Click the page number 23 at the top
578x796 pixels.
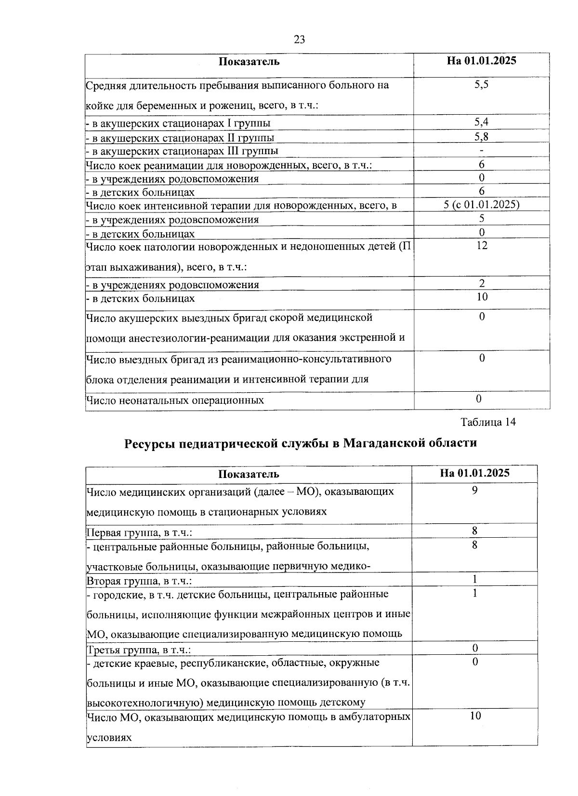pos(299,40)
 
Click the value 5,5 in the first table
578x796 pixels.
pos(481,85)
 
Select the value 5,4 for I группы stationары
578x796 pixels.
pos(481,122)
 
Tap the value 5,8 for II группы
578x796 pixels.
pos(481,137)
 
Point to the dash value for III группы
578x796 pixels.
pos(481,151)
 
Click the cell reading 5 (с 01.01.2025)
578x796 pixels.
pos(481,205)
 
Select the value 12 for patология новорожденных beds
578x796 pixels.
pos(481,245)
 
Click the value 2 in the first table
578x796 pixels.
pos(482,283)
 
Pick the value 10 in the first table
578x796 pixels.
pos(482,297)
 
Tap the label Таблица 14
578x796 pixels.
pos(488,422)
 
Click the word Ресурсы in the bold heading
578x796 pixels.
pos(148,443)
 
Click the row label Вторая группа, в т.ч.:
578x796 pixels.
pos(139,581)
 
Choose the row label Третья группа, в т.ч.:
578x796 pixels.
pos(139,650)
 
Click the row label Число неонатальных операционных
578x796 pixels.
pos(175,400)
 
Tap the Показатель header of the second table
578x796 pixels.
pos(249,474)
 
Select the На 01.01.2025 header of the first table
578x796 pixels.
pos(481,61)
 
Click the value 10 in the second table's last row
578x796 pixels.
pos(475,716)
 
